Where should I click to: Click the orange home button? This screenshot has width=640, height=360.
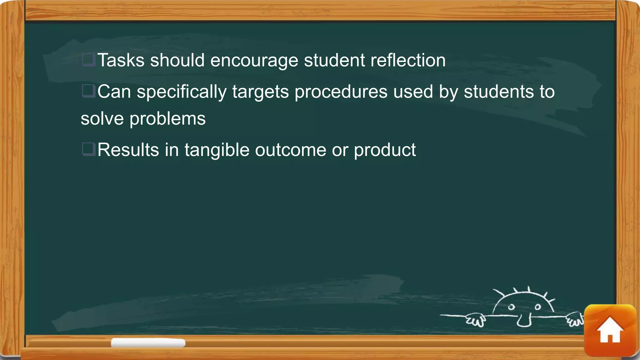tap(610, 330)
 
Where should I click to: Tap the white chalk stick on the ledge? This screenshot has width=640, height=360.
tap(148, 343)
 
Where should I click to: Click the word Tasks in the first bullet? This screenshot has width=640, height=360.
tap(121, 60)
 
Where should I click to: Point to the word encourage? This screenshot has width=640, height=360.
tap(254, 61)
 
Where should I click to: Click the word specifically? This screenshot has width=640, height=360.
tap(182, 92)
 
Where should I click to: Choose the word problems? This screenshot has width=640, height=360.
tap(167, 119)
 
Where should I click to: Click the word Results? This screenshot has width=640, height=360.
tap(128, 150)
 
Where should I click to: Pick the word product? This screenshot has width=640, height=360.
tap(385, 150)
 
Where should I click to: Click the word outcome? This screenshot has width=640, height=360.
tap(291, 150)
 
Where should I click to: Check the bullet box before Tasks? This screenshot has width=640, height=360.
tap(88, 59)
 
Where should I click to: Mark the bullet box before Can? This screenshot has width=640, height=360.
tap(88, 91)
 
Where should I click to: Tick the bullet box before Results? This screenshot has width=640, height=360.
tap(88, 149)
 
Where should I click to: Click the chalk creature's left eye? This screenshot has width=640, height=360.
tap(511, 307)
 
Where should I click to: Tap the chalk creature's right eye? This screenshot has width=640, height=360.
tap(538, 307)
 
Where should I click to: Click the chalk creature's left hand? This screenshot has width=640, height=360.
tap(475, 320)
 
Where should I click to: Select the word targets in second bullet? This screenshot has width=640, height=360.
tap(260, 92)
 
